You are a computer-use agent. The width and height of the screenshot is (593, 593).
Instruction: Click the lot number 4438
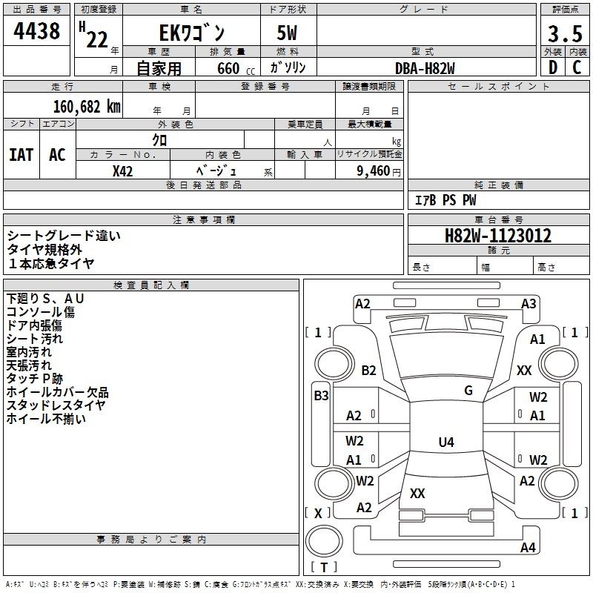[36, 30]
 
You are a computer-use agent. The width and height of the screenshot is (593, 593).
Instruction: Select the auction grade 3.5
[565, 33]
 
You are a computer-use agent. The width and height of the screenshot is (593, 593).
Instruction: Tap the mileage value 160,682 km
[87, 107]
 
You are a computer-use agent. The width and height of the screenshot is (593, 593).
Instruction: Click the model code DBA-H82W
[425, 68]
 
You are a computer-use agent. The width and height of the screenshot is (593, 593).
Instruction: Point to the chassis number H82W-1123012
[498, 236]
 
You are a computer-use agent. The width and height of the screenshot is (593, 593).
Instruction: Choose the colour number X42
[122, 171]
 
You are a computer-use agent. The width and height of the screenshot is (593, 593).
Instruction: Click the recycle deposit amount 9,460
[374, 171]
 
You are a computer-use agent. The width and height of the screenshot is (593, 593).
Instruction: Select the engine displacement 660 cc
[236, 69]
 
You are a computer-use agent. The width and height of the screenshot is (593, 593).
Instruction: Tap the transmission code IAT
[21, 155]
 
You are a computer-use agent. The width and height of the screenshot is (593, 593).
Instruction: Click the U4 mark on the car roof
[446, 442]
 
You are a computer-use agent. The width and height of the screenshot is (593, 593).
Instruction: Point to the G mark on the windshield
[468, 391]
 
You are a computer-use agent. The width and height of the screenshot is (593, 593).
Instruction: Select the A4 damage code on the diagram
[528, 547]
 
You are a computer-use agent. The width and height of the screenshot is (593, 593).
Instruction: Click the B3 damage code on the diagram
[321, 396]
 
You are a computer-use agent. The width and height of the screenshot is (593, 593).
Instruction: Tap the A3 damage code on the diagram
[529, 304]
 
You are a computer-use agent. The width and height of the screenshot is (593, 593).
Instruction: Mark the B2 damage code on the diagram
[368, 370]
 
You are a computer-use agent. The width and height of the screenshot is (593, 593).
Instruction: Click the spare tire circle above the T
[324, 541]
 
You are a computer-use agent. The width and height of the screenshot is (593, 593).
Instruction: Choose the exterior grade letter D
[553, 67]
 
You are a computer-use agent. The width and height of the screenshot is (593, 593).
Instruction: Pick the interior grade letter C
[577, 67]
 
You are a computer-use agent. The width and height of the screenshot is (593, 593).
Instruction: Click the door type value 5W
[287, 33]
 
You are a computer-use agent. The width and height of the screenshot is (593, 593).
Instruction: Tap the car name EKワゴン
[192, 33]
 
